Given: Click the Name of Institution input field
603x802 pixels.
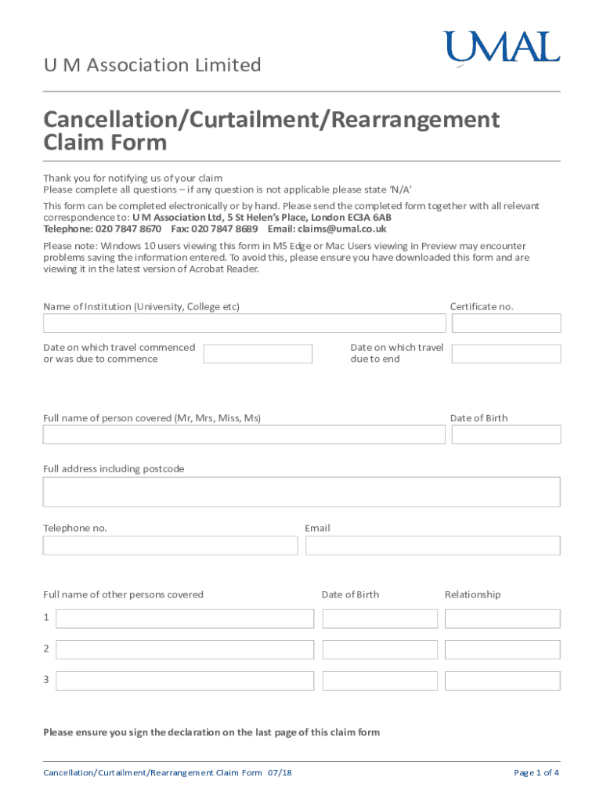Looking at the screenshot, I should point(244,323).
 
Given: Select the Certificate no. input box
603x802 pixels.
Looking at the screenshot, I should point(506,323).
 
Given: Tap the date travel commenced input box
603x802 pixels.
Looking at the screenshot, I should point(258,354).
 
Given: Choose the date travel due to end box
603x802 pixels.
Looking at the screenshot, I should point(506,354).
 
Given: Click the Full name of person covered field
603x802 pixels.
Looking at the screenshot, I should point(244,435).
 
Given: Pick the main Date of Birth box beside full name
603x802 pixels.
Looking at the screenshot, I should point(506,435).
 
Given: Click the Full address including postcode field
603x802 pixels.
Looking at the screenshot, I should point(301,492).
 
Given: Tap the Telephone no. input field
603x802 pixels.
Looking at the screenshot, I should point(169,545).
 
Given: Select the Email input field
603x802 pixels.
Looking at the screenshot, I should point(432,545).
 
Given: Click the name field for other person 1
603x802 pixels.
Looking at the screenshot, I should point(185,619).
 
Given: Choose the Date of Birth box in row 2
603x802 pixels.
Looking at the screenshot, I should point(380,649).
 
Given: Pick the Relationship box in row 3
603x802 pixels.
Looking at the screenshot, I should point(503,681).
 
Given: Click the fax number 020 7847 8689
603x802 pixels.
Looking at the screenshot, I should point(224,229).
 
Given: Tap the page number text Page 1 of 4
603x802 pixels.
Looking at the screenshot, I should point(536,773).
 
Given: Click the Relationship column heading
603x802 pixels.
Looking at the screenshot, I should point(472,594).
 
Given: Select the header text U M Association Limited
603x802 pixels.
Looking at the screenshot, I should point(152,65).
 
